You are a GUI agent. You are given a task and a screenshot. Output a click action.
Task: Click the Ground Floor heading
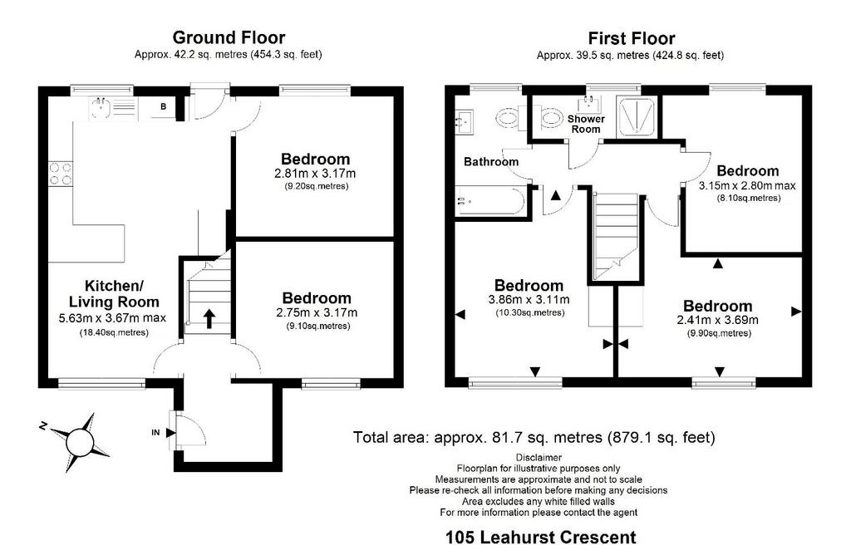[229, 37]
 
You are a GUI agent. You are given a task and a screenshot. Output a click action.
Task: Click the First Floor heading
[632, 38]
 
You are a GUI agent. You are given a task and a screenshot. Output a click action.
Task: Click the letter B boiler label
[163, 107]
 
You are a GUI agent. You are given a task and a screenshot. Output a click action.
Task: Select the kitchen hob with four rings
[60, 174]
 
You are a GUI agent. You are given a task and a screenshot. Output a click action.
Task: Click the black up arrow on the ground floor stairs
[209, 318]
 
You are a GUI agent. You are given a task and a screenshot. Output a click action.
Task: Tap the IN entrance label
[155, 433]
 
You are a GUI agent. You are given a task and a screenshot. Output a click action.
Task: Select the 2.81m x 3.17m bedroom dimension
[315, 174]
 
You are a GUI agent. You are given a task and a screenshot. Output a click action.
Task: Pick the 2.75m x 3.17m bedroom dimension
[317, 312]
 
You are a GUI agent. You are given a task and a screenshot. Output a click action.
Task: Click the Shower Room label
[586, 124]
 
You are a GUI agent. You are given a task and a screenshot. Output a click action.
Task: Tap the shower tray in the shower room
[637, 115]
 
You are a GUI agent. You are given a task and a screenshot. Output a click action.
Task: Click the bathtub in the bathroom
[489, 200]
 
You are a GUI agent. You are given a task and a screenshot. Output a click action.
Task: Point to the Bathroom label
[491, 162]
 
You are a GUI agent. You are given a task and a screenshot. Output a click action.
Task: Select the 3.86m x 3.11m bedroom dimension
[529, 300]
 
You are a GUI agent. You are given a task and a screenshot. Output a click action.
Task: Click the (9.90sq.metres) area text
[719, 333]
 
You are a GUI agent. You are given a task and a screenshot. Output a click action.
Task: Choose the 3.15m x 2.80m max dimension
[747, 185]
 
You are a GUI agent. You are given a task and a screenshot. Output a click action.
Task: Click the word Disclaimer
[539, 458]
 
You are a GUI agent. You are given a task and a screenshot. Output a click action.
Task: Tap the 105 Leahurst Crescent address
[540, 538]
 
